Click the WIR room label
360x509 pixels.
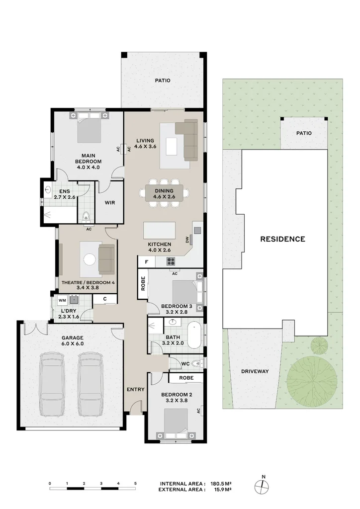[x=110, y=203]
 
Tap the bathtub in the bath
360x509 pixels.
[x=195, y=336]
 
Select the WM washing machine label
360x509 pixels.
[x=62, y=301]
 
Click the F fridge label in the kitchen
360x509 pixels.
[x=146, y=261]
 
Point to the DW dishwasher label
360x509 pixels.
[x=187, y=240]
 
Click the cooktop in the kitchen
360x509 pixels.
[x=171, y=261]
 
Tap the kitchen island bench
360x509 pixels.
[x=160, y=231]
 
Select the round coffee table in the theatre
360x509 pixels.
[x=90, y=259]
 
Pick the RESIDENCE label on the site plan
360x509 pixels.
[x=283, y=239]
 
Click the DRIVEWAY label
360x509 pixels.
[x=255, y=371]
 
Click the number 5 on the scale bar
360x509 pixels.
[x=135, y=483]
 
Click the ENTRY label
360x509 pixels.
[x=135, y=389]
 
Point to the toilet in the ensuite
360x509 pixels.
[x=86, y=217]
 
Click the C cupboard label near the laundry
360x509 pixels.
[x=105, y=299]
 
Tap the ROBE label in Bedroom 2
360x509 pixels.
[x=186, y=378]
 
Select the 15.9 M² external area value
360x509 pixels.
[x=222, y=490]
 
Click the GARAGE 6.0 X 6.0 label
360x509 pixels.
[x=73, y=340]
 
